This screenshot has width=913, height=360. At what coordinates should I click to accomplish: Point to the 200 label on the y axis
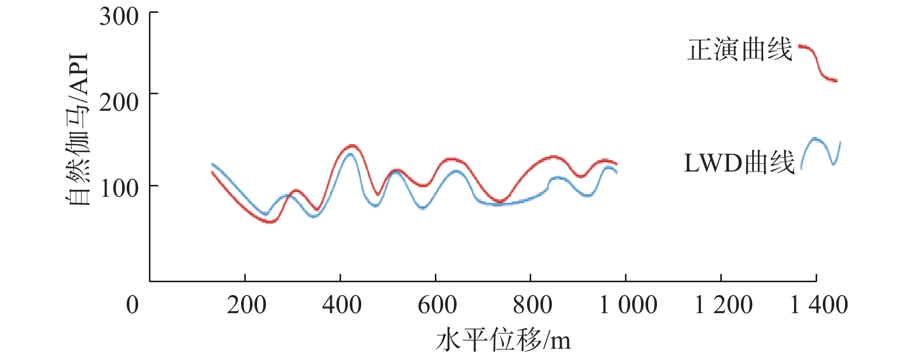pos(119,102)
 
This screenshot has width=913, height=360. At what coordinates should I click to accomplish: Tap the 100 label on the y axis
pos(119,188)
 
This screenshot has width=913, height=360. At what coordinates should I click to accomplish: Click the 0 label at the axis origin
pos(132,304)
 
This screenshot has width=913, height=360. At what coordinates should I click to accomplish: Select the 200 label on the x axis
pos(246,304)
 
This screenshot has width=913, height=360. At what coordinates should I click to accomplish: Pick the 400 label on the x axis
pos(342,304)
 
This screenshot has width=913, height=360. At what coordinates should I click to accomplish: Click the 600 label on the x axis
pos(437,304)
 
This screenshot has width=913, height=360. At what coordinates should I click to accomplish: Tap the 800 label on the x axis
pos(532,304)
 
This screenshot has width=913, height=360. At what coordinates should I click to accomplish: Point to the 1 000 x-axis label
pos(628,304)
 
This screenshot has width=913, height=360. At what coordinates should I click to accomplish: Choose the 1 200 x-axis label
pos(723,304)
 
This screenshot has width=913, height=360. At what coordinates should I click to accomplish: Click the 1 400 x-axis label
pos(818,304)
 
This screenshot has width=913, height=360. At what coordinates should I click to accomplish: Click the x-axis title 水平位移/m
pos(503,340)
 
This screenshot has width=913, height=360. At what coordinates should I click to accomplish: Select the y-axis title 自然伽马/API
pos(78,129)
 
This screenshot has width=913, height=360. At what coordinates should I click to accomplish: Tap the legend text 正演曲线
pos(739,50)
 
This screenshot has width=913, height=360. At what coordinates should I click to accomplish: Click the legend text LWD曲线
pos(739,163)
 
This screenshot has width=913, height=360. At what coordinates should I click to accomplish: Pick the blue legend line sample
pos(820,152)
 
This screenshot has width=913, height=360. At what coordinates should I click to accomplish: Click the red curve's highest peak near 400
pos(351,146)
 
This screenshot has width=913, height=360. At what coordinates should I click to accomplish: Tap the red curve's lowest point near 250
pos(270,221)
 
